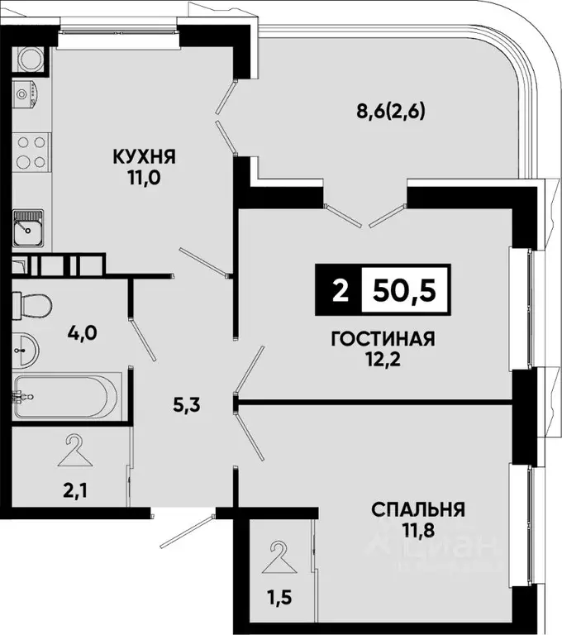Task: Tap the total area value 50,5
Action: tap(404, 290)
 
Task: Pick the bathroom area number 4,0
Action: tap(83, 333)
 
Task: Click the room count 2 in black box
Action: tap(338, 290)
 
